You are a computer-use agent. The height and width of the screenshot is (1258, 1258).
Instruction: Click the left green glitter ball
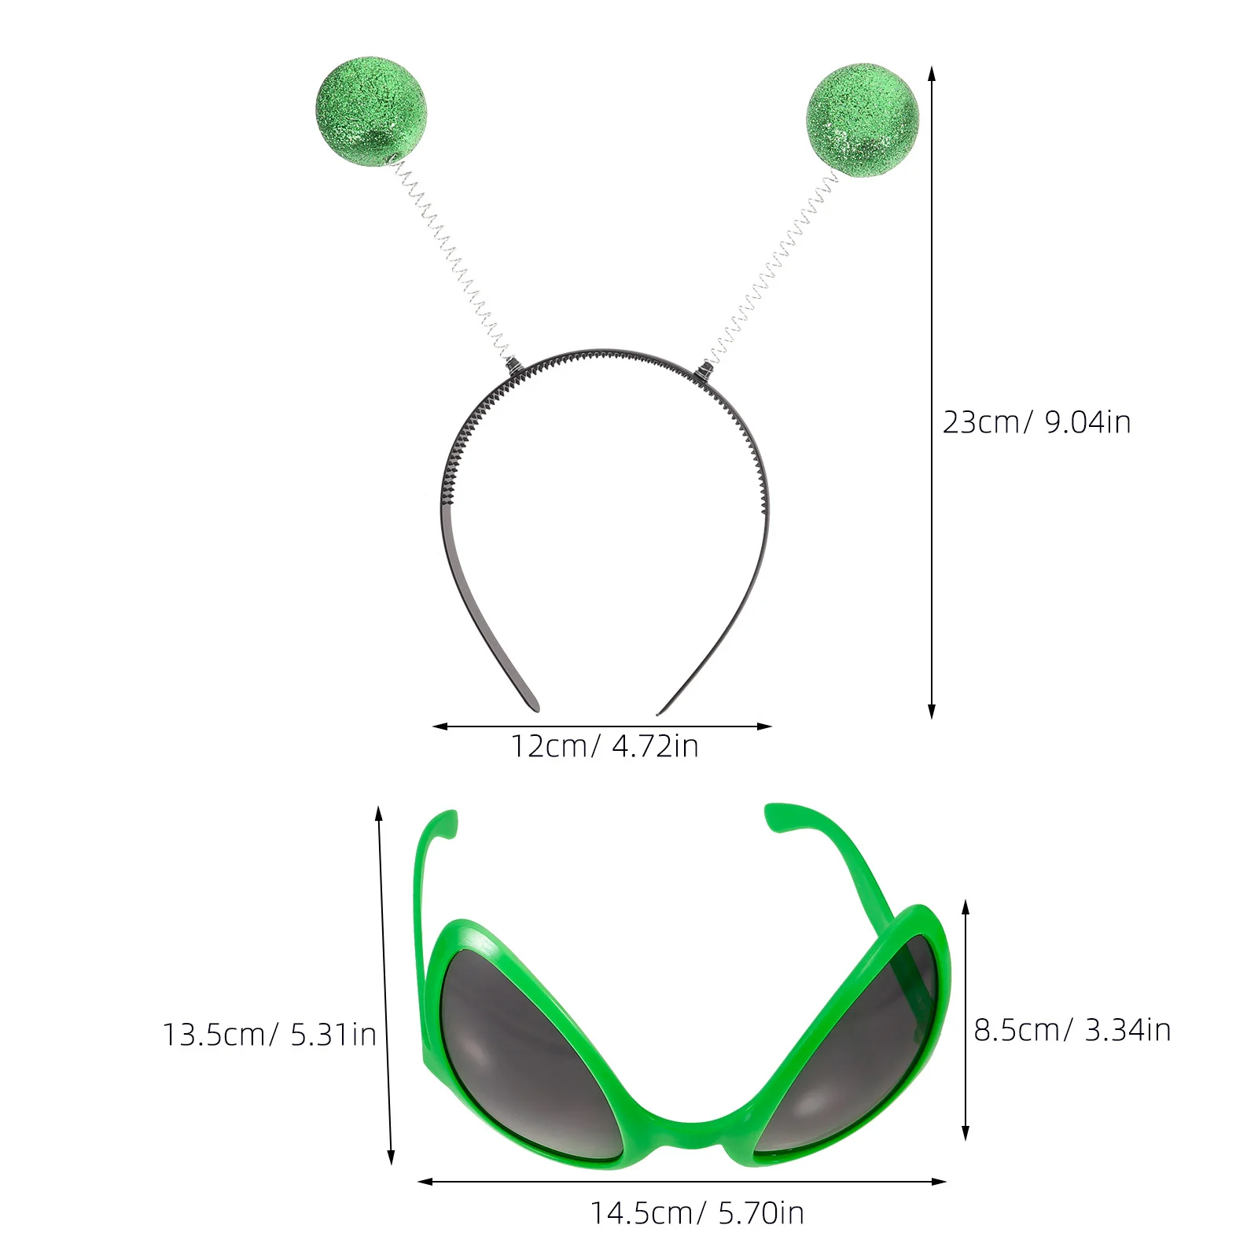tap(371, 112)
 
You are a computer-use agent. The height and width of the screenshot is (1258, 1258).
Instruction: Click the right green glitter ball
tap(862, 120)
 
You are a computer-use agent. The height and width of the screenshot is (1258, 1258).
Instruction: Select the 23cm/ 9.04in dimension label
tap(1036, 422)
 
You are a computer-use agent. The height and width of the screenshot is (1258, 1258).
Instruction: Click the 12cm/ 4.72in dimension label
tap(604, 745)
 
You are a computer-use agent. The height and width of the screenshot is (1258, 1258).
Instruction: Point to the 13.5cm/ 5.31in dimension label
tap(269, 1034)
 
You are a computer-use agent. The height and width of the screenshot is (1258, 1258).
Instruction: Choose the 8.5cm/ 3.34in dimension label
tap(1072, 1029)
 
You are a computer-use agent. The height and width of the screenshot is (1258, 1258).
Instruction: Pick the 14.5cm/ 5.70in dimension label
tap(697, 1213)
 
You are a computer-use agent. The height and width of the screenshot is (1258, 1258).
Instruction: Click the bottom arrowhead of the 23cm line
tap(932, 714)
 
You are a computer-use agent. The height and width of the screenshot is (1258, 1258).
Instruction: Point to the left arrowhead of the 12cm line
tap(437, 726)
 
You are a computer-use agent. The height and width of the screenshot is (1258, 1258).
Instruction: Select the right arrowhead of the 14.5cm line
tap(942, 1181)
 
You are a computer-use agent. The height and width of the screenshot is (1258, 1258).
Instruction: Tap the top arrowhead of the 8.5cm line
tap(966, 904)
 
